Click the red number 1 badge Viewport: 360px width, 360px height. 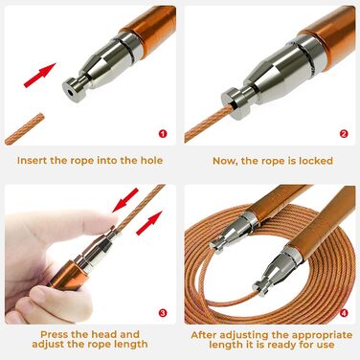[x=163, y=134]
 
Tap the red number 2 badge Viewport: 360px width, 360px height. [x=344, y=134]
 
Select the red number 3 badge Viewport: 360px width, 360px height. [x=163, y=313]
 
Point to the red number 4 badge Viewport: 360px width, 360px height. [x=344, y=313]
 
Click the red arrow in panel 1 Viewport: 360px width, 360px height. [x=40, y=75]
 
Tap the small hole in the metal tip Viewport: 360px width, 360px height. [x=70, y=92]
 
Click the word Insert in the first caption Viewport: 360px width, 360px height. [x=32, y=160]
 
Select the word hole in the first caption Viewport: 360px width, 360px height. [x=151, y=160]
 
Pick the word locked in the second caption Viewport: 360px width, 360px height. [x=316, y=161]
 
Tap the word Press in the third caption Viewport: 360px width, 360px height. [x=55, y=334]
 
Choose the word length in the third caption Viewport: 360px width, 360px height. [x=131, y=345]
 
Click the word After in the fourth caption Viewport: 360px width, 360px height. [x=204, y=335]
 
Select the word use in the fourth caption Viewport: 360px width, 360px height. [x=326, y=345]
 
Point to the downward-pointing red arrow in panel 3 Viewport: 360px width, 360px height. [x=125, y=200]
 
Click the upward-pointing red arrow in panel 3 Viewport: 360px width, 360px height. [x=149, y=223]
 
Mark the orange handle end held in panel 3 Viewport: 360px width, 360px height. [x=64, y=275]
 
